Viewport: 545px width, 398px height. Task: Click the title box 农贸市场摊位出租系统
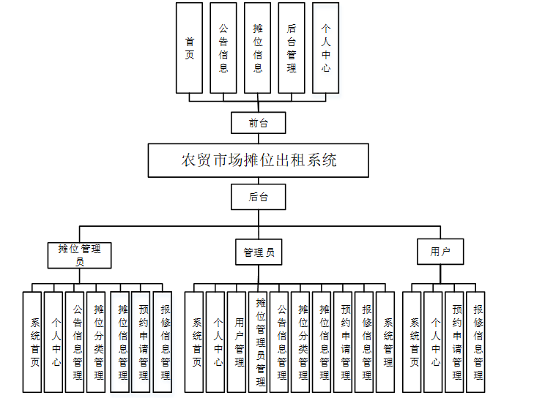(258, 160)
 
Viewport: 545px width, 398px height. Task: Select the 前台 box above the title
(258, 123)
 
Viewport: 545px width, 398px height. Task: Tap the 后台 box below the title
(258, 197)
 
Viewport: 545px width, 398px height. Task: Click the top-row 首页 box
(190, 47)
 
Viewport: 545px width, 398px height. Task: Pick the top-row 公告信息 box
(223, 47)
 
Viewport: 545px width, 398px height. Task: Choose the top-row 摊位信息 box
(258, 47)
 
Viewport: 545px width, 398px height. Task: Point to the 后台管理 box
(292, 47)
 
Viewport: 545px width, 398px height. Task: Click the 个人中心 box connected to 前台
(325, 47)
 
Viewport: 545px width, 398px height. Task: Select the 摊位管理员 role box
(80, 252)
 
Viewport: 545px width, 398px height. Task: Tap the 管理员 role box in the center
(259, 252)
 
